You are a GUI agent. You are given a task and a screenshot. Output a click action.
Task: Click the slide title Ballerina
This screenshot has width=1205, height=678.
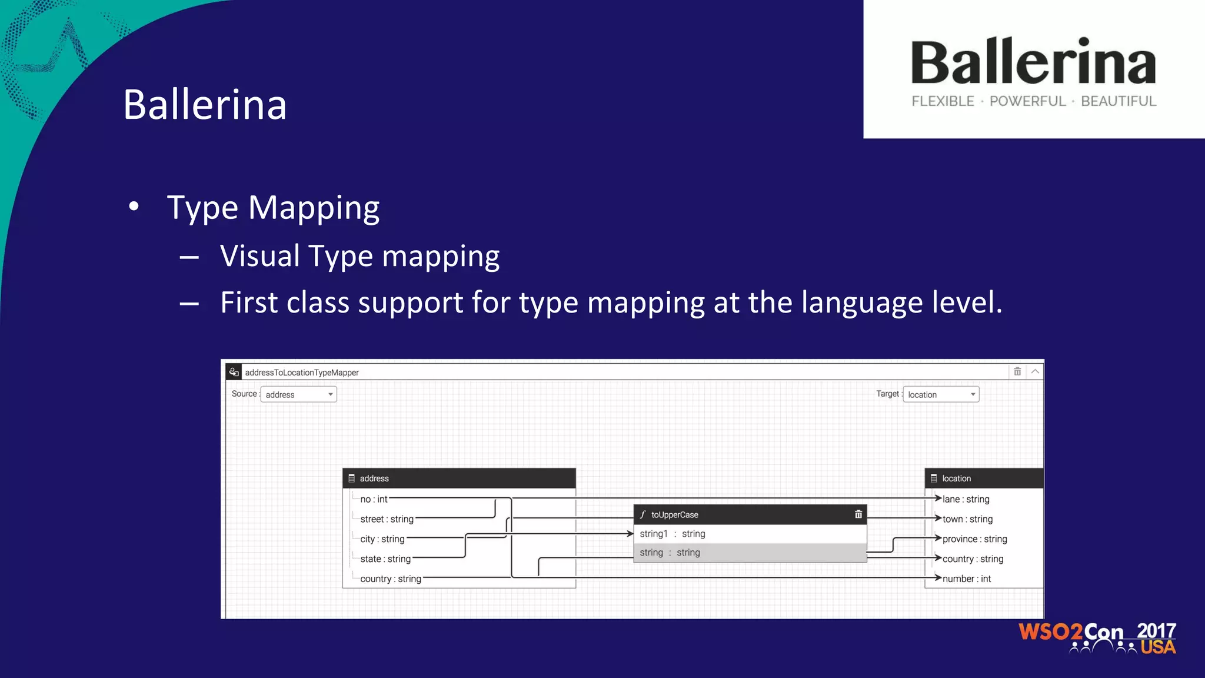click(x=205, y=105)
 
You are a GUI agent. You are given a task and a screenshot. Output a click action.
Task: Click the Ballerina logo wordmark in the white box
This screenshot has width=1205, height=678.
click(x=1033, y=62)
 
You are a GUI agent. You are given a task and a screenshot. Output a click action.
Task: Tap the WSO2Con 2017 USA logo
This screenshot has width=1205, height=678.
click(x=1097, y=638)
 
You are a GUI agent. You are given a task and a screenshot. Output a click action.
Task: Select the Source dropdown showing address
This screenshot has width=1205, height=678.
click(x=298, y=394)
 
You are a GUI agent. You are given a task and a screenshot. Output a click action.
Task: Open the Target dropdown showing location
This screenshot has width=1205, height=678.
click(x=940, y=394)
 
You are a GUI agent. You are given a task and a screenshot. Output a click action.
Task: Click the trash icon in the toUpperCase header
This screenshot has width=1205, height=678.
click(x=858, y=514)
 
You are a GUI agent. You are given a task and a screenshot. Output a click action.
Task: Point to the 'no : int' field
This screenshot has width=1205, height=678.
click(x=374, y=499)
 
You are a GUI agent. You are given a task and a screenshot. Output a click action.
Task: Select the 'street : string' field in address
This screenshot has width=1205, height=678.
click(x=387, y=519)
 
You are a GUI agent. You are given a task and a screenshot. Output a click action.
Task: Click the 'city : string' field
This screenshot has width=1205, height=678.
click(x=382, y=539)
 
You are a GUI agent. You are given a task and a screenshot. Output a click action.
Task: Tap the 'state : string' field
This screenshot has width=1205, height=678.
click(x=385, y=559)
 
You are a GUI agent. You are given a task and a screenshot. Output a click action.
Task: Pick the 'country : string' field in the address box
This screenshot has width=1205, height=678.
click(x=390, y=579)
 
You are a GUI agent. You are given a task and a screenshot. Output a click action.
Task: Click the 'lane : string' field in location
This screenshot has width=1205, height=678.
click(x=966, y=499)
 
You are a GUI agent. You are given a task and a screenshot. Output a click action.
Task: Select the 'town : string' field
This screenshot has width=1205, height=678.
click(x=967, y=519)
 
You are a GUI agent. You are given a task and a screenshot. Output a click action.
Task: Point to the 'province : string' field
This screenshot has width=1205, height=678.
click(x=974, y=539)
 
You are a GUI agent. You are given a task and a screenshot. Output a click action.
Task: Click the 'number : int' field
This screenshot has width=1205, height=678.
click(x=967, y=579)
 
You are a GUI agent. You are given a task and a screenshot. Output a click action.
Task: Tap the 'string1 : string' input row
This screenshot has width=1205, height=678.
click(x=673, y=534)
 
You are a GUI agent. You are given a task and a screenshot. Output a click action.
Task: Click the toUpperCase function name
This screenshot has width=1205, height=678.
click(x=674, y=515)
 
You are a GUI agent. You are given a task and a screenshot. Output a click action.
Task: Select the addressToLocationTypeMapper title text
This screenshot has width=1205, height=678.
click(x=302, y=373)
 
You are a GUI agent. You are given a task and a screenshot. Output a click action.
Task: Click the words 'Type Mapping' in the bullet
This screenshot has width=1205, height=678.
click(x=273, y=208)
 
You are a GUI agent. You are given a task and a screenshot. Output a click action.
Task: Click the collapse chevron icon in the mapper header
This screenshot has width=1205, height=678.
click(x=1035, y=371)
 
